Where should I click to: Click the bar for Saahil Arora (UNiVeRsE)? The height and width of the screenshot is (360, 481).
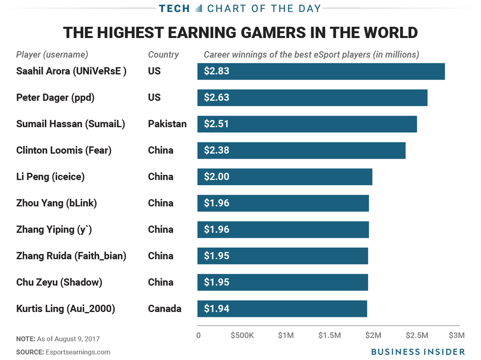click(x=321, y=71)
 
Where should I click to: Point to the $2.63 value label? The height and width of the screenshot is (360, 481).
click(x=216, y=98)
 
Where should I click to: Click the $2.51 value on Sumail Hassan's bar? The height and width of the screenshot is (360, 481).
click(x=216, y=124)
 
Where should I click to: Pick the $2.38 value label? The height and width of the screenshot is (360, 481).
click(x=216, y=150)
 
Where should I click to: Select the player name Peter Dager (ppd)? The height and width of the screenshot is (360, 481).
click(x=55, y=98)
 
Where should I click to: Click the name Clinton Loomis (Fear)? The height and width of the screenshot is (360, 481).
click(x=64, y=150)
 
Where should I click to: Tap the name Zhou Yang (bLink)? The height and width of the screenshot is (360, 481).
click(x=56, y=203)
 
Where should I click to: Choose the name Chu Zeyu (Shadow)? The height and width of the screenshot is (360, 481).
click(x=59, y=282)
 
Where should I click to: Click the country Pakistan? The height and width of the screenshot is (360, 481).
click(x=167, y=124)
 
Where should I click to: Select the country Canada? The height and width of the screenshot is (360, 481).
click(x=164, y=308)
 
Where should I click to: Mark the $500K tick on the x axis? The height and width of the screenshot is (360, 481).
click(x=243, y=335)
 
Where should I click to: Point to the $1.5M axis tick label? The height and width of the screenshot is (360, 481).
click(x=330, y=335)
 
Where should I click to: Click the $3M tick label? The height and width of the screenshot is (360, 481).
click(x=456, y=335)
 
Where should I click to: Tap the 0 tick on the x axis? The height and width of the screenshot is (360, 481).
click(x=198, y=335)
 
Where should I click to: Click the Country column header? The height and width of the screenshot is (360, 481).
click(x=163, y=55)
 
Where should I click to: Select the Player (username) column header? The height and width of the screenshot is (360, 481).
click(x=52, y=55)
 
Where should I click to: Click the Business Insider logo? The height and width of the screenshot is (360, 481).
click(x=411, y=351)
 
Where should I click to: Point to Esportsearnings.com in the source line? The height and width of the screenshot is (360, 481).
click(x=78, y=352)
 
